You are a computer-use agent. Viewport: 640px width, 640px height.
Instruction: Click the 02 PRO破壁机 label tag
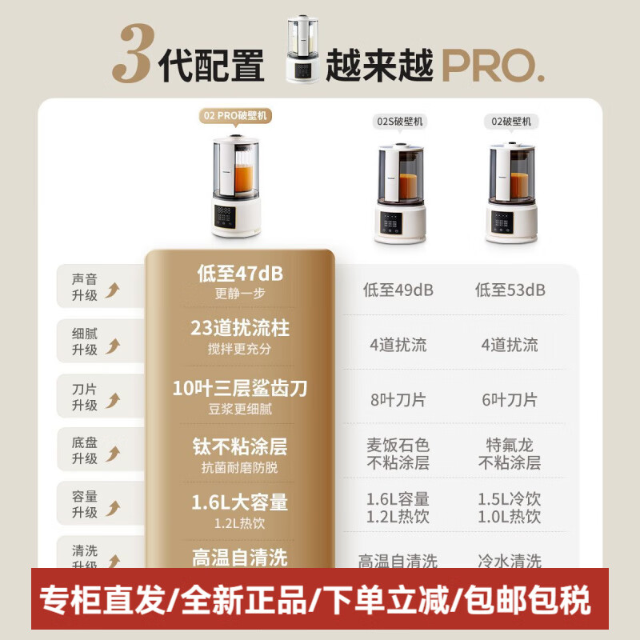pos(236,116)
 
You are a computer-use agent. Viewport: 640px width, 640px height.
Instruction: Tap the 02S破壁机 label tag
pos(399,122)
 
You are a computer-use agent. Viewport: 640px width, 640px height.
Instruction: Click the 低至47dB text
pos(239,274)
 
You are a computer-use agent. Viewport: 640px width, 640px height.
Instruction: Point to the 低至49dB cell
pos(398,290)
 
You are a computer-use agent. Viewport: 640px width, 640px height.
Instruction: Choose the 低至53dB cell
pos(510,290)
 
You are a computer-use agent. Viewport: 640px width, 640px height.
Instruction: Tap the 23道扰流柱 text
pos(239,328)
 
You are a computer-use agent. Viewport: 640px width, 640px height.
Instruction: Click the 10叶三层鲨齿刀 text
pos(239,389)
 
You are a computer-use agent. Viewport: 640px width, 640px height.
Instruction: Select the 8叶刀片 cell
pos(398,400)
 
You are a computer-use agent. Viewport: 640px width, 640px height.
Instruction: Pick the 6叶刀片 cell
pos(510,400)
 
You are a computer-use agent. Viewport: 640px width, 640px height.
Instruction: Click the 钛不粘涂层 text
pos(239,446)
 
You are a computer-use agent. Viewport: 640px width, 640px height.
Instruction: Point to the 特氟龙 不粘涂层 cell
pos(510,453)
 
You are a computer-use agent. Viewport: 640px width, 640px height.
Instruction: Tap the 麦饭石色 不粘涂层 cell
pos(398,453)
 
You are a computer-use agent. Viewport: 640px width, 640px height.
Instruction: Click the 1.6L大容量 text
pos(239,503)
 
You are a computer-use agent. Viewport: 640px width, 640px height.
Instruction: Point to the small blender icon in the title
pos(303,51)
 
